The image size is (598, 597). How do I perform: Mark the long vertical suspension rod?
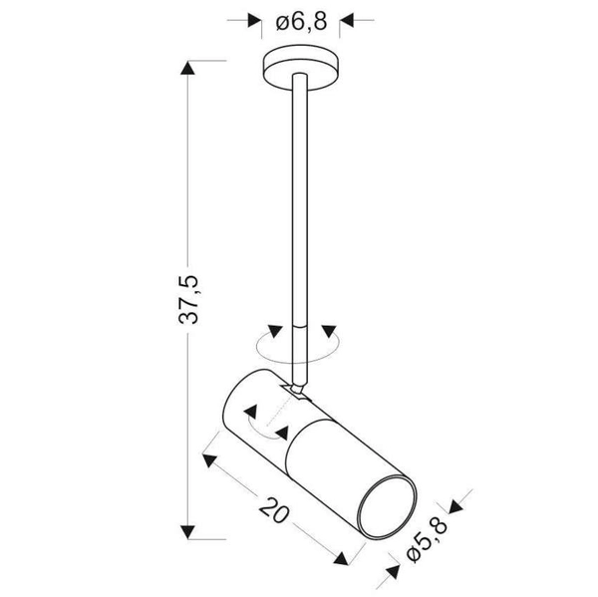[x=300, y=199]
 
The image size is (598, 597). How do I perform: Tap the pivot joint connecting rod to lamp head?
[x=298, y=385]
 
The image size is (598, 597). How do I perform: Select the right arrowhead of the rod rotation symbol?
[x=327, y=332]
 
